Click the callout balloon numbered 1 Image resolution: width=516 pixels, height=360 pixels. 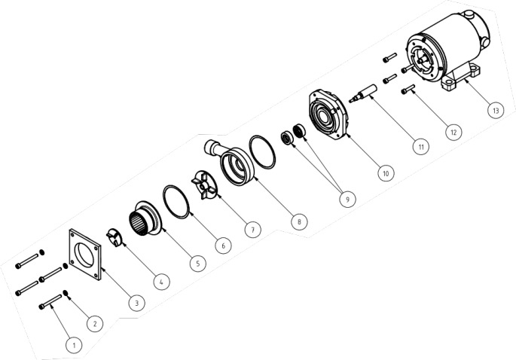[x=74, y=345]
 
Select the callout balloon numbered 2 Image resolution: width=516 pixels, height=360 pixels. [x=95, y=324]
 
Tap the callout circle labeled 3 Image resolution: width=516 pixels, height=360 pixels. [x=137, y=303]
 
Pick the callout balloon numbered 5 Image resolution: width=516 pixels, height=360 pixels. [x=198, y=264]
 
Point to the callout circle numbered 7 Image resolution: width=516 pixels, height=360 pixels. [x=253, y=230]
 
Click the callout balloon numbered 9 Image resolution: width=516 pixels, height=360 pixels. [x=347, y=199]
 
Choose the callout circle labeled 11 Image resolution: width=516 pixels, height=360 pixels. [x=421, y=146]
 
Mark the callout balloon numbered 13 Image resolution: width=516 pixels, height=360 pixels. [x=495, y=110]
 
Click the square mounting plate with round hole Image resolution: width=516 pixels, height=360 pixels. [x=85, y=255]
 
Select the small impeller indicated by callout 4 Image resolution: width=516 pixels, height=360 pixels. [x=114, y=238]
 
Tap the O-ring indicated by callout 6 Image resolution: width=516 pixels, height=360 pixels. [x=176, y=202]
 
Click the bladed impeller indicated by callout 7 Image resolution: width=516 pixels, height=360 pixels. [x=204, y=185]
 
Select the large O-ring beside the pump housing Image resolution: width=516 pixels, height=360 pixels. [x=262, y=152]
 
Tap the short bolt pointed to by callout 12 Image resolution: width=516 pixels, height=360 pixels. [x=408, y=89]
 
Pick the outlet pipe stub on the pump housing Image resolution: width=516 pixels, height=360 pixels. [x=213, y=147]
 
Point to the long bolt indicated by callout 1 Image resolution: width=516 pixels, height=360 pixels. [x=50, y=302]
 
